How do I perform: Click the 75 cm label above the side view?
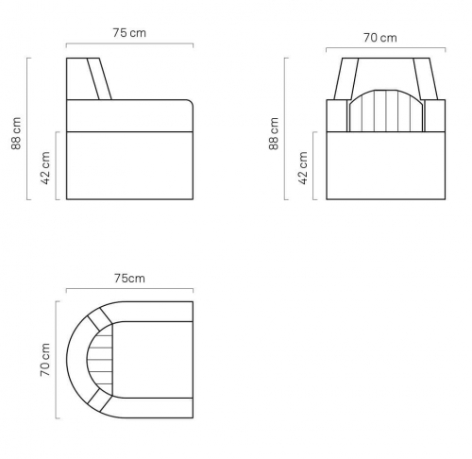tap(129, 33)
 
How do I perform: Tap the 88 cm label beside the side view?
tap(16, 133)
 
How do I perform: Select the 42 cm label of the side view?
tap(45, 168)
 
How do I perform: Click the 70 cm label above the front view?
tap(380, 38)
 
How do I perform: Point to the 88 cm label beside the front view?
tap(274, 133)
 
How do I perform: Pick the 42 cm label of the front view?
tap(303, 168)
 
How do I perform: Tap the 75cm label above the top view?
tap(129, 279)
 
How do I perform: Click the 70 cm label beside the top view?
tap(45, 360)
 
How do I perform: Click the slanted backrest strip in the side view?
tap(99, 78)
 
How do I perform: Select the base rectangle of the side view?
tap(129, 165)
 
